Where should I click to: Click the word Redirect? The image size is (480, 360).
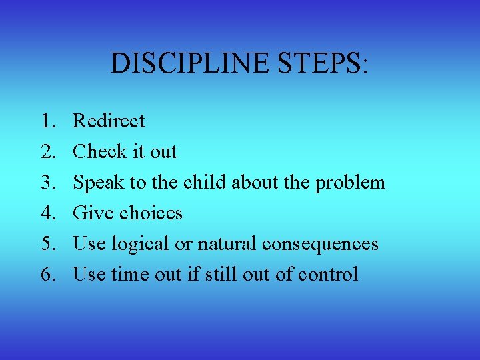(109, 121)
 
